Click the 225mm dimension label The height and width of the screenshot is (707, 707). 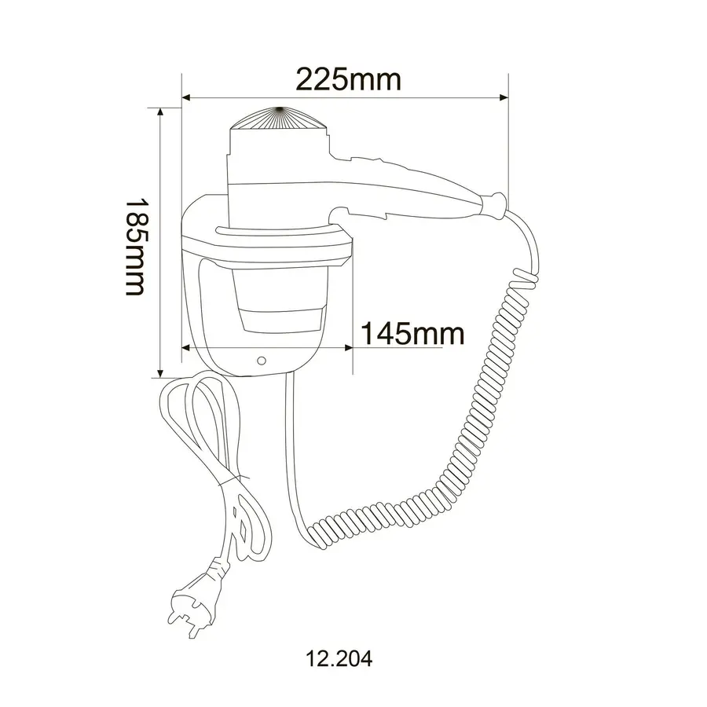pos(348,79)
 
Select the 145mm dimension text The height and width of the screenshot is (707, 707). pos(412,333)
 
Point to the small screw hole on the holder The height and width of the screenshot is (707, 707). pos(262,361)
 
